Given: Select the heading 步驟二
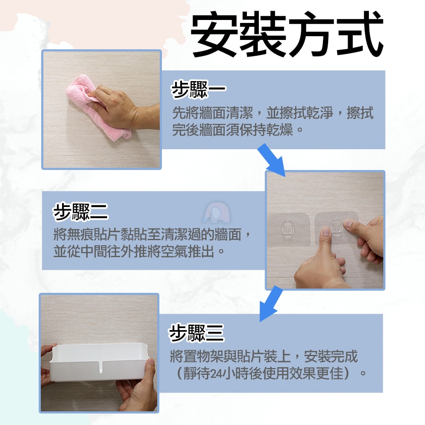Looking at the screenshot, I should (x=81, y=212).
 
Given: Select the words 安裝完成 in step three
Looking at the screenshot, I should (x=331, y=356).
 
